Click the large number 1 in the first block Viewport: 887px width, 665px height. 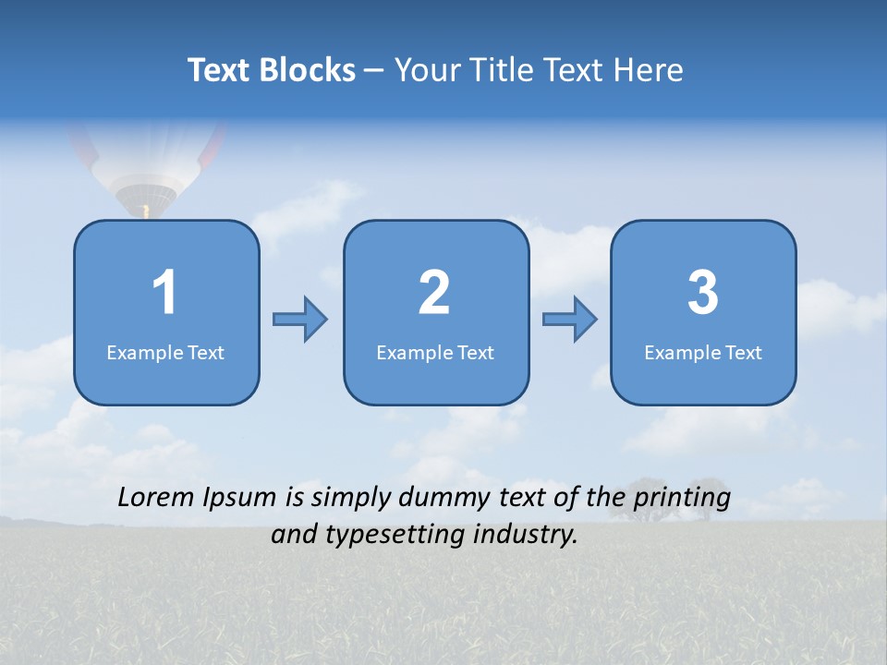tap(164, 294)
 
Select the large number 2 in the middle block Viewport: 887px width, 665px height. tap(434, 294)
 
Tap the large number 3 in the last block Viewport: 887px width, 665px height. tap(703, 294)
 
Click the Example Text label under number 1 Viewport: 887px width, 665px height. tap(165, 352)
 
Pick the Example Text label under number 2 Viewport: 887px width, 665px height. tap(435, 352)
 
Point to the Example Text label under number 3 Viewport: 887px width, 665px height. tap(703, 352)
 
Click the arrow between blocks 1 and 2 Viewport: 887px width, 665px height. tap(300, 320)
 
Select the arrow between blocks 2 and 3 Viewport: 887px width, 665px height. tap(570, 320)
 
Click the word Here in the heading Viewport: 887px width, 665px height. tap(647, 70)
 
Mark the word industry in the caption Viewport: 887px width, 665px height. tap(526, 535)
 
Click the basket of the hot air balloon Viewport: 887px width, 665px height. tap(145, 212)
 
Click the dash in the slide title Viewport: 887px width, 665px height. tap(375, 71)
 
